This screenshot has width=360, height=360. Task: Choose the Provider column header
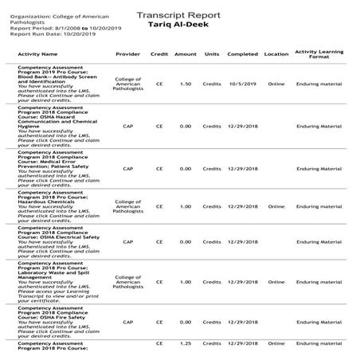pyautogui.click(x=127, y=55)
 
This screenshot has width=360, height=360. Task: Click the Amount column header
pyautogui.click(x=185, y=55)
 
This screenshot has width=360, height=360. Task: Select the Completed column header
pyautogui.click(x=242, y=55)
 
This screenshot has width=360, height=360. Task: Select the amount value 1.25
pyautogui.click(x=185, y=343)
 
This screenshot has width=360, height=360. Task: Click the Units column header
pyautogui.click(x=212, y=55)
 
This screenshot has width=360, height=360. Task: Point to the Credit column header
pyautogui.click(x=159, y=55)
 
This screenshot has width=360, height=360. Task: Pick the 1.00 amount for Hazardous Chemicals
pyautogui.click(x=185, y=206)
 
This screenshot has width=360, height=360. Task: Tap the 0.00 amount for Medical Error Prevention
pyautogui.click(x=185, y=169)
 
